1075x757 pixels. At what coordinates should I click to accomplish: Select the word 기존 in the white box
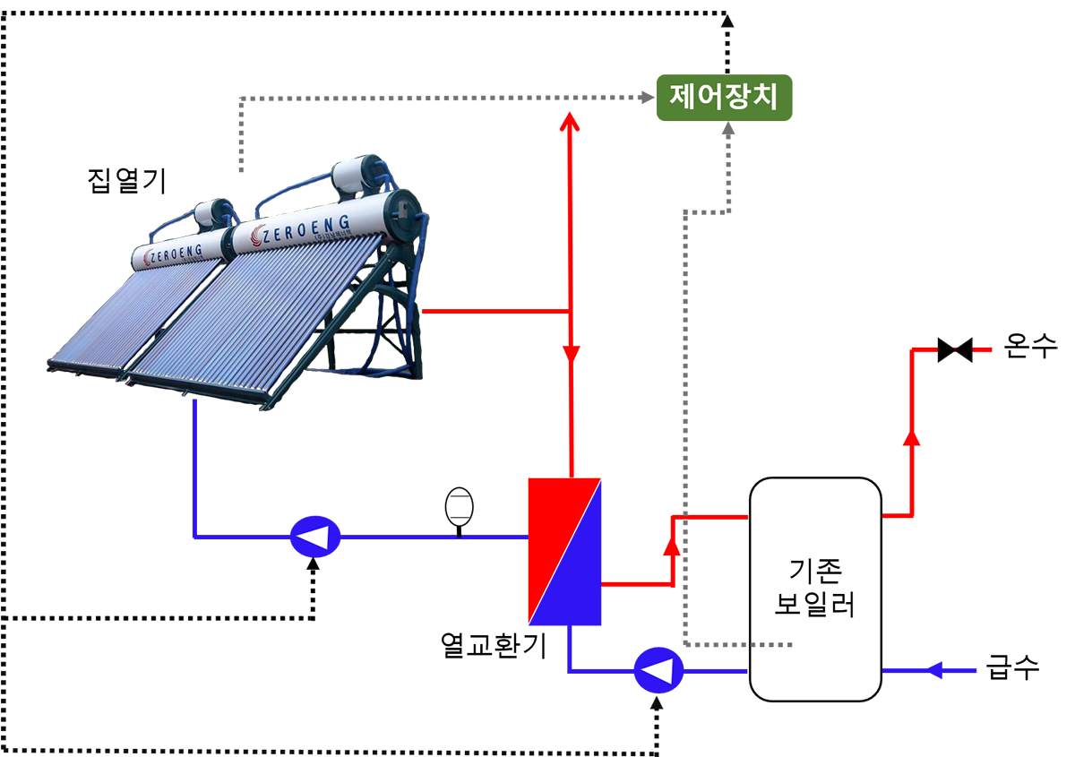pos(814,570)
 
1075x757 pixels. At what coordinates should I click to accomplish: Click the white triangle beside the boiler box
pos(658,671)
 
